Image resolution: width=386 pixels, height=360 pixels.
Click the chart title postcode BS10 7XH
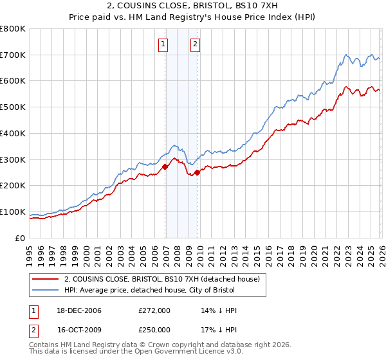270,6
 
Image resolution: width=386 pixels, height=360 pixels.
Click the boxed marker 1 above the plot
163,44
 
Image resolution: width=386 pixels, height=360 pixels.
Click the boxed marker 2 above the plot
194,44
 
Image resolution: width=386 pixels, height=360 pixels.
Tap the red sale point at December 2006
165,166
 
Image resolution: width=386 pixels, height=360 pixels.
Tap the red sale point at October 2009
198,172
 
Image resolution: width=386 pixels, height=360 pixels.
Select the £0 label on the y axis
21,238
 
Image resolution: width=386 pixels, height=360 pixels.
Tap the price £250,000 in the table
154,330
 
